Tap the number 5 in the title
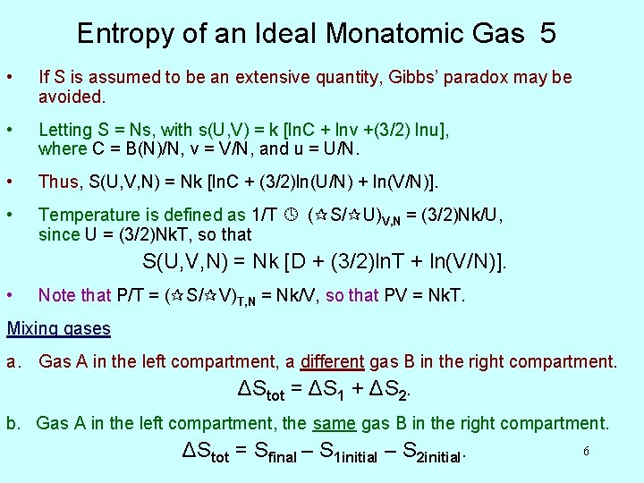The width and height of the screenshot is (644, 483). click(x=547, y=34)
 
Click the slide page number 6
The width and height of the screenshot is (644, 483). click(x=586, y=452)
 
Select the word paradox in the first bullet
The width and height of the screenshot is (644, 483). click(x=505, y=77)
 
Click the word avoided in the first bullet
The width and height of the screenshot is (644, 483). click(x=70, y=96)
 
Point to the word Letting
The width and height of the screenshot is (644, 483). click(x=65, y=130)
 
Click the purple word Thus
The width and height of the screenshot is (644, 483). click(x=58, y=182)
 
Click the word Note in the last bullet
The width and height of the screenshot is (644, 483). click(x=56, y=294)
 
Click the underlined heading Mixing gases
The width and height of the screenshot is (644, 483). click(x=59, y=328)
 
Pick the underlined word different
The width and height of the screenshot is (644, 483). click(x=332, y=362)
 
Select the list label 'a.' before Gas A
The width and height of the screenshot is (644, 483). click(x=14, y=362)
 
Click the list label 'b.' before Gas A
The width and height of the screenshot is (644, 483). click(x=14, y=423)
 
